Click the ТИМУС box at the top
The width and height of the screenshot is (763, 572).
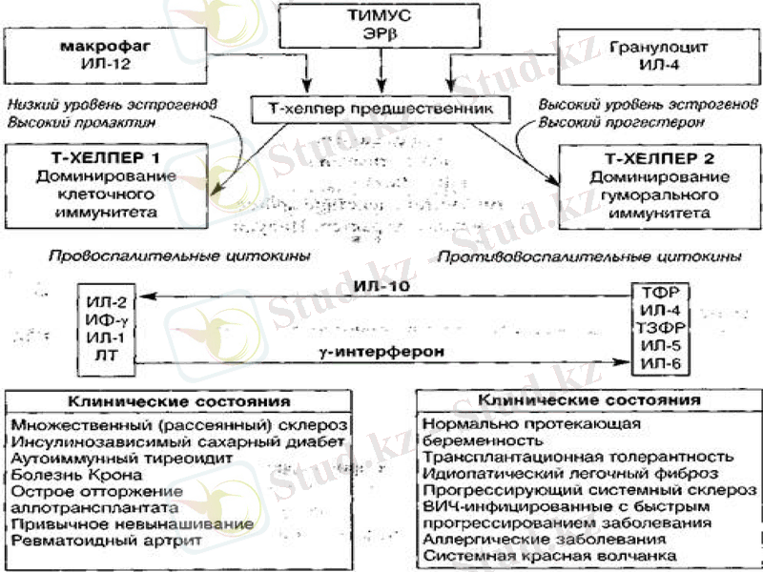pyautogui.click(x=381, y=27)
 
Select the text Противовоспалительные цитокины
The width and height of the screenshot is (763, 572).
pyautogui.click(x=589, y=256)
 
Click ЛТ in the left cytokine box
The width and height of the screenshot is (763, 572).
pyautogui.click(x=102, y=354)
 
